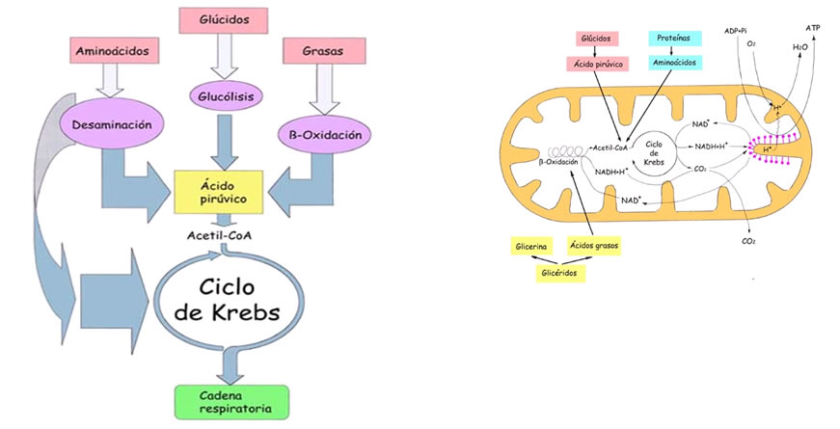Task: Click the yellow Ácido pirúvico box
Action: (219, 191)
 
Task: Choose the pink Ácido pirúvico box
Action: (596, 64)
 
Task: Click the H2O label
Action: (800, 46)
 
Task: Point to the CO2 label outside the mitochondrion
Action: (748, 241)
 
